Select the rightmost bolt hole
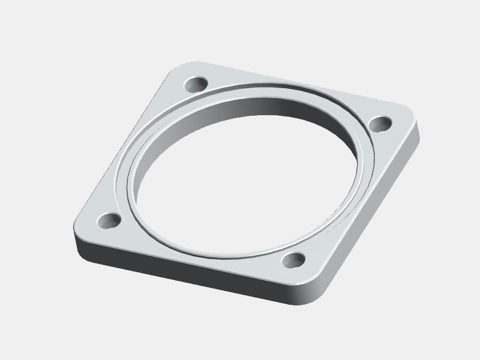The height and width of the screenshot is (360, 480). tap(379, 123)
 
